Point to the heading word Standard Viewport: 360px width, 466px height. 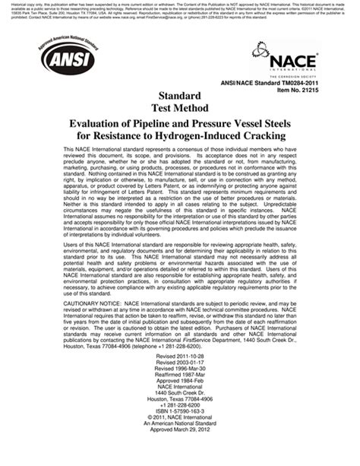pyautogui.click(x=179, y=96)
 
